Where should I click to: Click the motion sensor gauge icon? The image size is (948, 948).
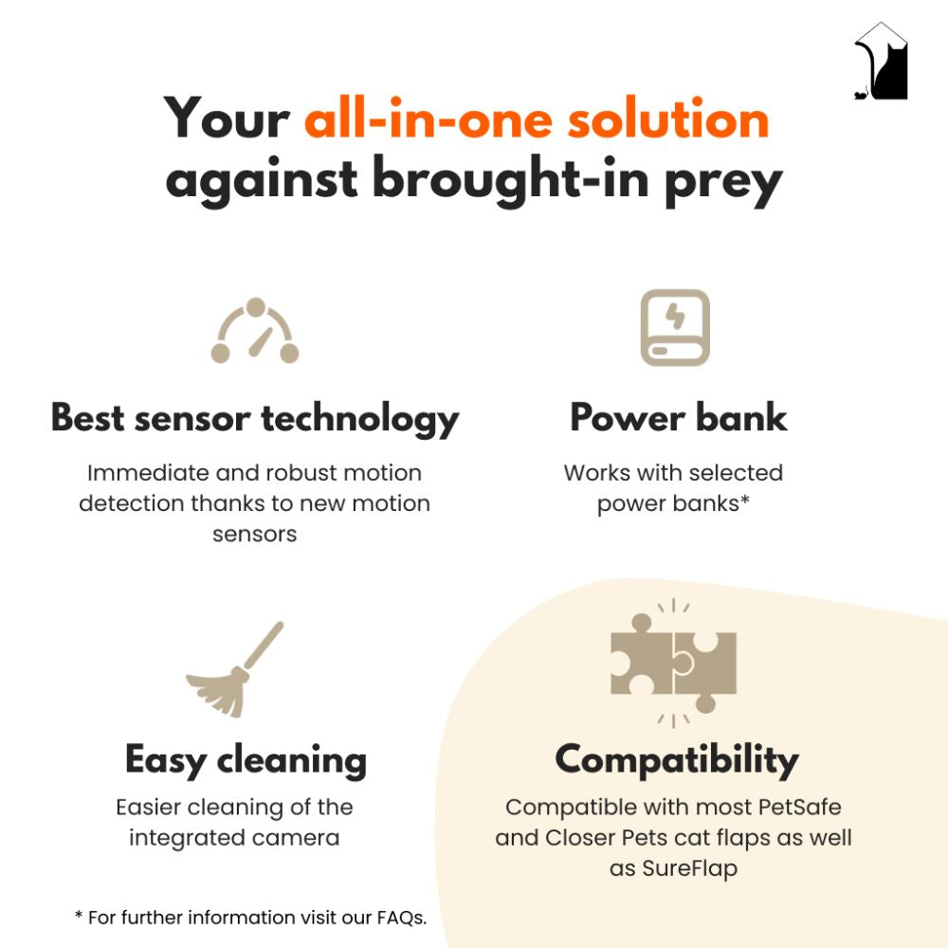(255, 330)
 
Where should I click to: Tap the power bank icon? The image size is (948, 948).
(675, 327)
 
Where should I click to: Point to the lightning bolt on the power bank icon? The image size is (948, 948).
(675, 316)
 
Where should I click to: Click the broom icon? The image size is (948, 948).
(234, 669)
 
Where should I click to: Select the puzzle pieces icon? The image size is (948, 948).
(673, 664)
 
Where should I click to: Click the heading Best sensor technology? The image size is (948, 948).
(255, 418)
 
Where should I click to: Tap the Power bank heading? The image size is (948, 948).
(679, 417)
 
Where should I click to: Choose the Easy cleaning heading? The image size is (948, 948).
(246, 760)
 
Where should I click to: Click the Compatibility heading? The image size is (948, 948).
(677, 760)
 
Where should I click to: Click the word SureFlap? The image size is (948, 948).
(689, 868)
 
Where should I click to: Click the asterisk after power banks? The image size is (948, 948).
(745, 499)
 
